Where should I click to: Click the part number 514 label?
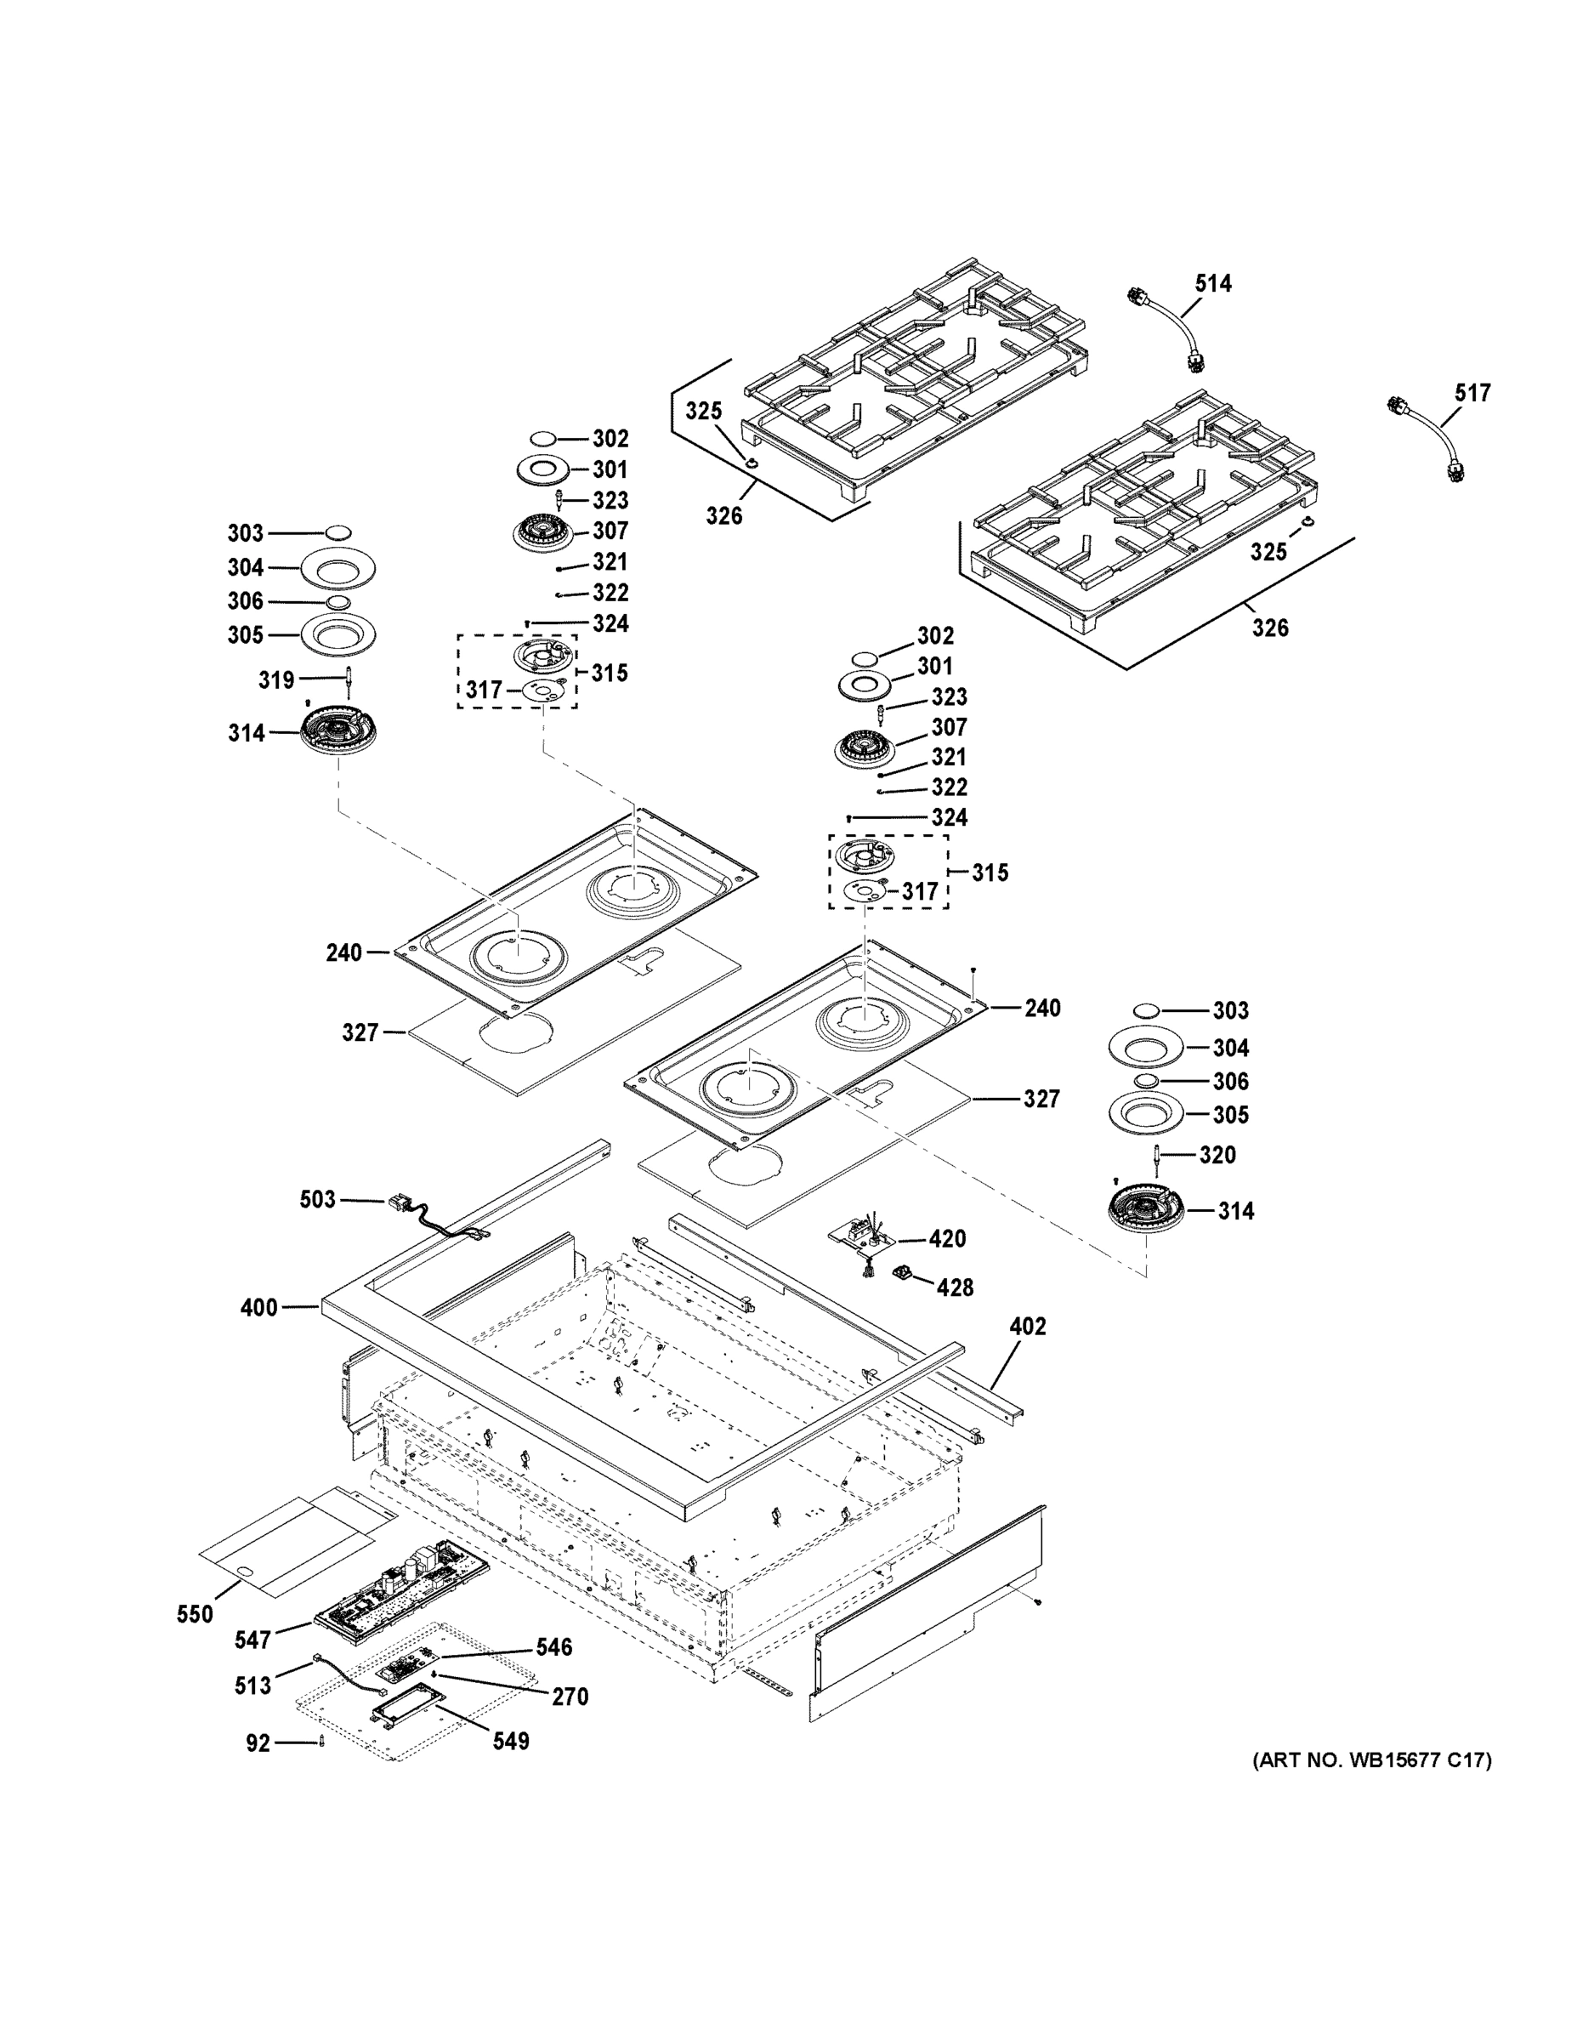[x=1212, y=283]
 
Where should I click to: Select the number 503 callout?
[x=317, y=1199]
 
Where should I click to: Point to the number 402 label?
[x=1028, y=1326]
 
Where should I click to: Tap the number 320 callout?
[x=1217, y=1155]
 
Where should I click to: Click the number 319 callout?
[x=275, y=680]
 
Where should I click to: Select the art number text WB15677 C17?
[x=1371, y=1760]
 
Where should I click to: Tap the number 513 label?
[x=252, y=1686]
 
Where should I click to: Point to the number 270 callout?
[x=570, y=1697]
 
